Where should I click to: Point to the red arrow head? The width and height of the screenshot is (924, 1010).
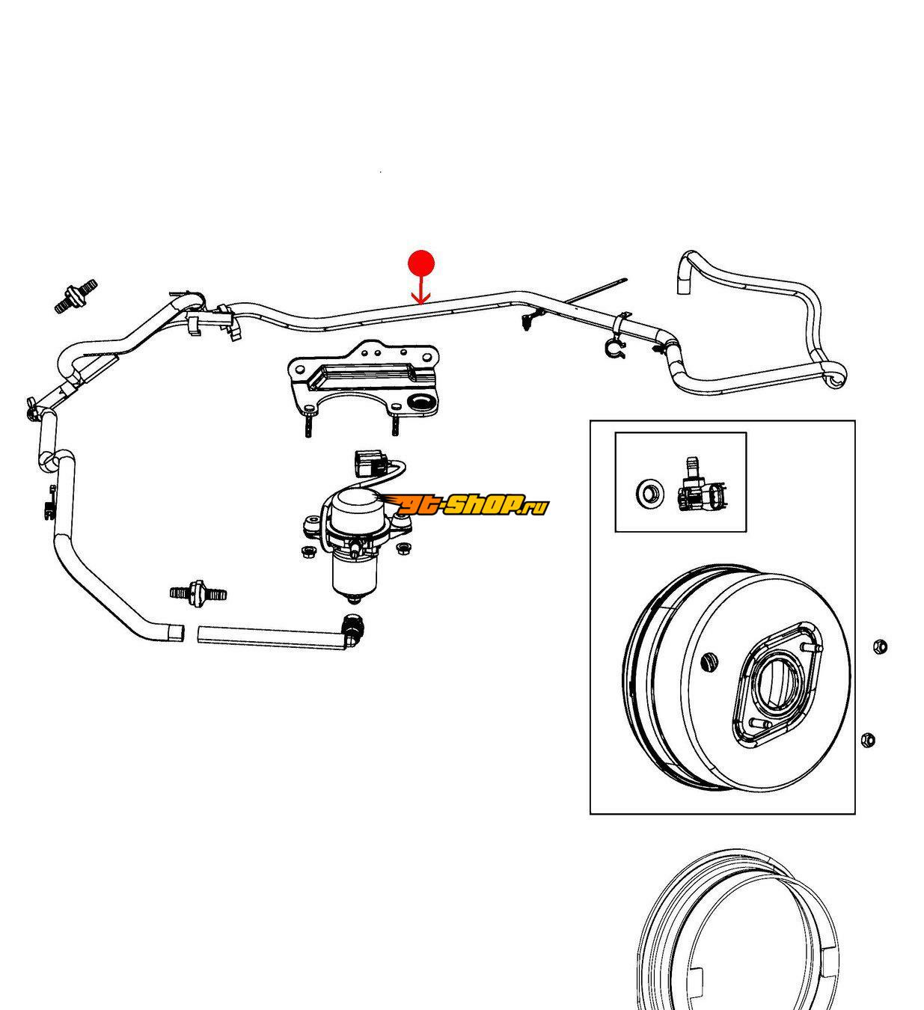click(421, 300)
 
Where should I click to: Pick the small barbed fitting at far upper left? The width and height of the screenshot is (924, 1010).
click(76, 296)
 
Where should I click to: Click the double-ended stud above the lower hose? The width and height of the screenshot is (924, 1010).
click(198, 593)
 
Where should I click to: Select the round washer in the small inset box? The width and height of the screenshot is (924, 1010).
click(648, 493)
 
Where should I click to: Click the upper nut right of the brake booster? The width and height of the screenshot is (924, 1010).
click(880, 646)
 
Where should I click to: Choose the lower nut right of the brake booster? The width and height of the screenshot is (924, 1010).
click(869, 740)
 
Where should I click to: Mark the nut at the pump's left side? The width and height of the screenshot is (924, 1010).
click(306, 552)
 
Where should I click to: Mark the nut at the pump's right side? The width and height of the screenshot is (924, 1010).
click(404, 549)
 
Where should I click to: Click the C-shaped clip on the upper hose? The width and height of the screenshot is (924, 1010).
click(614, 348)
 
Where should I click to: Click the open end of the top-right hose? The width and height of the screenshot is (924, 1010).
click(682, 287)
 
